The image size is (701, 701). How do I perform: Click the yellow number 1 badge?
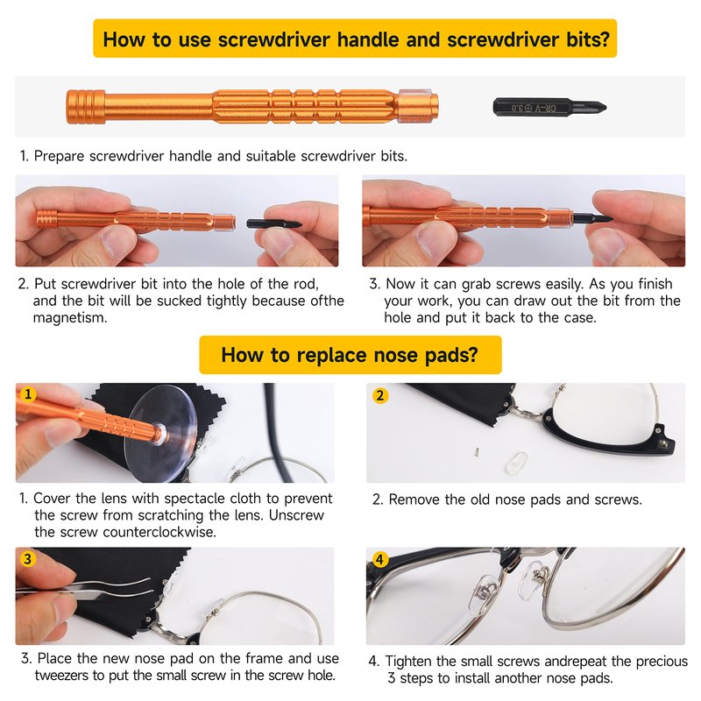coord(28,394)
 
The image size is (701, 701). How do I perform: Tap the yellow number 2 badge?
coord(380,396)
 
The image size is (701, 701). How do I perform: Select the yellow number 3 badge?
coord(28,559)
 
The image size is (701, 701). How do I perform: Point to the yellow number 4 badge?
coord(379,559)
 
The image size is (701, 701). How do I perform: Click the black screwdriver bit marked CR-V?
coord(549,107)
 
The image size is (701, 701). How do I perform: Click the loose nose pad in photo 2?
coord(516,463)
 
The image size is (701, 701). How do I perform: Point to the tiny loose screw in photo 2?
coord(477,451)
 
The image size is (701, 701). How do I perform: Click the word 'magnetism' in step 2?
coord(70,318)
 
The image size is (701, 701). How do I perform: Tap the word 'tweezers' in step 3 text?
coord(63,675)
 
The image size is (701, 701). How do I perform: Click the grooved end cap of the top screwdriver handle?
coord(85,107)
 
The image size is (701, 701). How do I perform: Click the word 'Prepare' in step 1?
coord(59,157)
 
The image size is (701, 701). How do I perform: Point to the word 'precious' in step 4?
coord(662,662)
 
